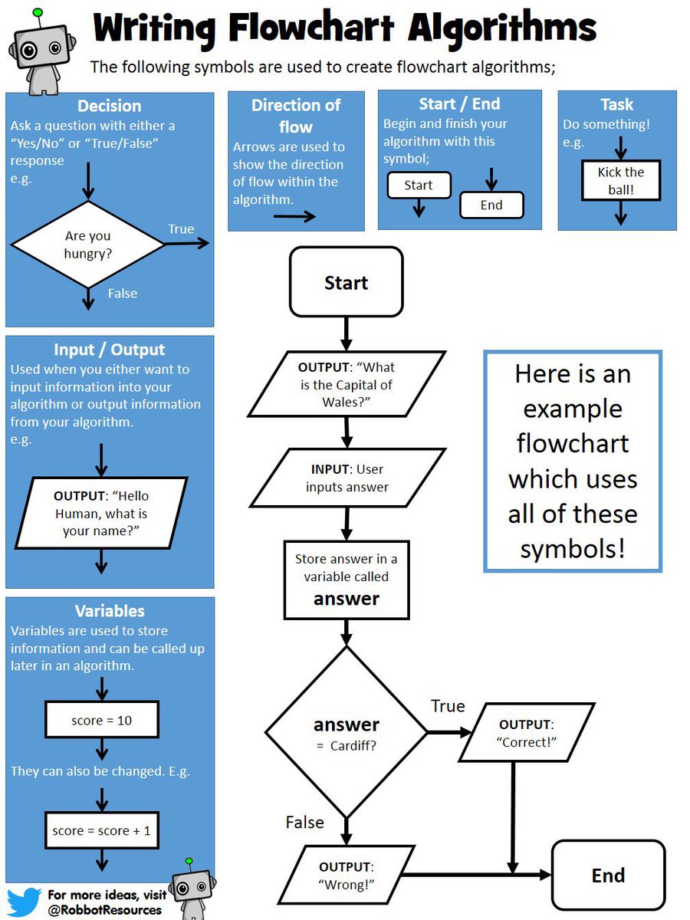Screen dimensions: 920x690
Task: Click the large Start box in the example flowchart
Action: click(x=346, y=282)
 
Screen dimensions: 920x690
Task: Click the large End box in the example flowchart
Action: click(x=608, y=875)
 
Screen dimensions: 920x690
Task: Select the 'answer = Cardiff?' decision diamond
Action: click(x=347, y=731)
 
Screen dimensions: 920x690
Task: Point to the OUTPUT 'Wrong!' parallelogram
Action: click(x=347, y=875)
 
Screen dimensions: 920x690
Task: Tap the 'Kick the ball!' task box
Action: click(x=620, y=180)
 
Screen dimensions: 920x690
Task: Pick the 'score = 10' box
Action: click(x=102, y=721)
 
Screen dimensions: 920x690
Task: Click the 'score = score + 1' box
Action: click(x=102, y=830)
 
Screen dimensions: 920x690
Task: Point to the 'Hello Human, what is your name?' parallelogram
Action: click(x=101, y=512)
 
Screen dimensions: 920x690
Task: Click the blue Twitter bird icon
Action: click(x=23, y=902)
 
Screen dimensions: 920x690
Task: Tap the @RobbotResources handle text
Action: click(x=104, y=909)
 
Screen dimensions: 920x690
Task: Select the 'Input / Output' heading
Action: click(x=109, y=350)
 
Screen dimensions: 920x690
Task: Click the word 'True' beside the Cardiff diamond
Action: click(x=448, y=706)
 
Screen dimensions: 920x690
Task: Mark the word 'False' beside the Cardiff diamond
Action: click(x=305, y=822)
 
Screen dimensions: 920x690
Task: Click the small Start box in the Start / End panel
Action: click(x=419, y=186)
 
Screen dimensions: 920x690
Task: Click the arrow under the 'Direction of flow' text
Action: click(x=294, y=216)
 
